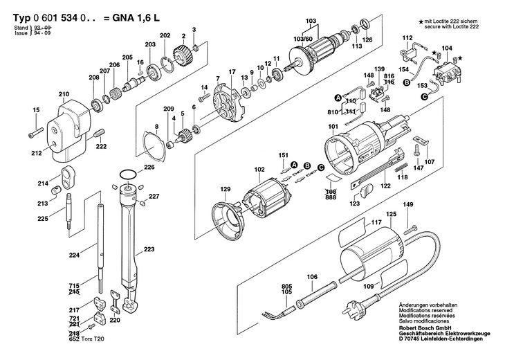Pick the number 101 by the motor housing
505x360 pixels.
[333, 126]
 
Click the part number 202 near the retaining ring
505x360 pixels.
[165, 35]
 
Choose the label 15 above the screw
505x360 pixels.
[37, 109]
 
